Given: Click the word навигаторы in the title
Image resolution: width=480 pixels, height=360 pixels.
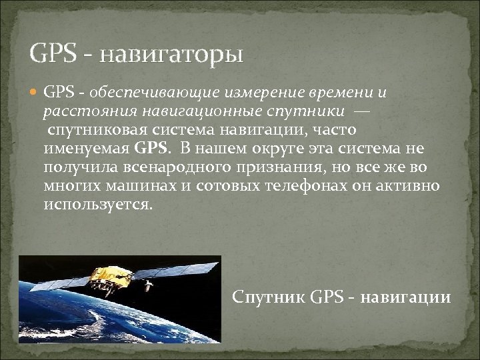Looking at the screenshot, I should pos(172,53).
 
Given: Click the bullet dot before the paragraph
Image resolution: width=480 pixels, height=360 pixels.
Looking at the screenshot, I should pos(36,91).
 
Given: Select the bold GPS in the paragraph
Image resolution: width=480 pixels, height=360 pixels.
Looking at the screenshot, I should pos(153,147).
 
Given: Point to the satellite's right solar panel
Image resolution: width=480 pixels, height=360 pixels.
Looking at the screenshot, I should pos(183,270).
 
